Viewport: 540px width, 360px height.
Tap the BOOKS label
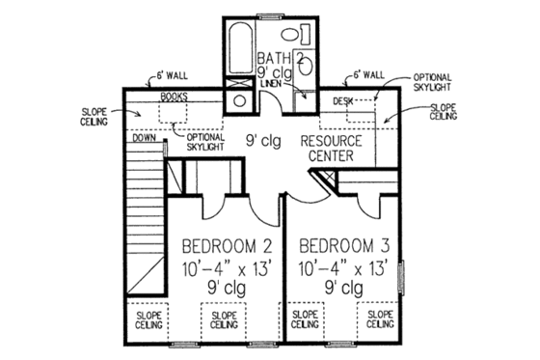(175, 97)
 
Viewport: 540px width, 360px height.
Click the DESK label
(342, 99)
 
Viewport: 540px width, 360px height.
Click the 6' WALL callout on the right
(368, 73)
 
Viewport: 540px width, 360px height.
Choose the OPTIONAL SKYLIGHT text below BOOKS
(203, 142)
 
